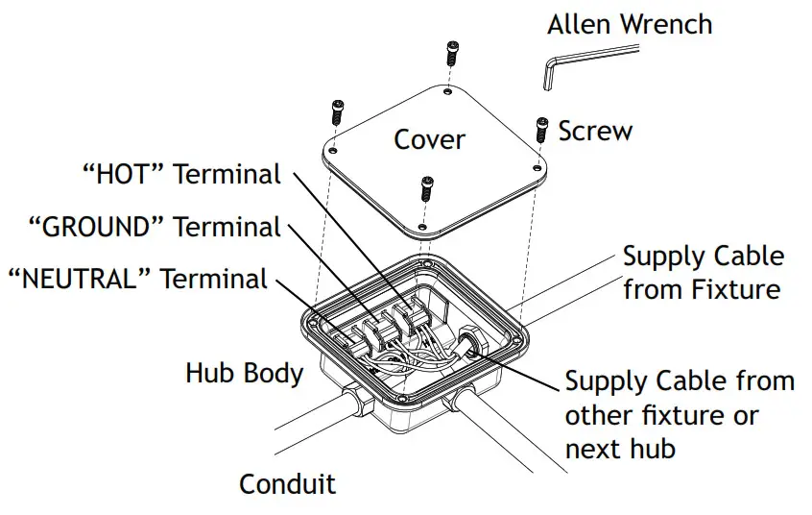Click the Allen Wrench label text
(x=630, y=23)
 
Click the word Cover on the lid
(x=429, y=139)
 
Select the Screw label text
(x=595, y=131)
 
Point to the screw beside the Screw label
(x=540, y=130)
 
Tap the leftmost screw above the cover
(x=338, y=111)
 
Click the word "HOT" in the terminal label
(x=125, y=175)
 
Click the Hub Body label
(x=244, y=373)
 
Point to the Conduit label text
(x=287, y=483)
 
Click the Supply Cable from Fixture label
(x=703, y=272)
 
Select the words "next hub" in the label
(x=621, y=448)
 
